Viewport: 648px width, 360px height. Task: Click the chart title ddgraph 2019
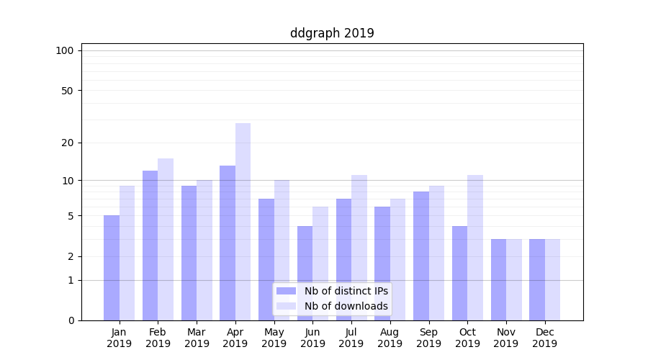tap(332, 33)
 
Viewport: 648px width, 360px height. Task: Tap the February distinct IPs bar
tap(150, 245)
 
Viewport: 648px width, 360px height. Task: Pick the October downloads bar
tap(474, 248)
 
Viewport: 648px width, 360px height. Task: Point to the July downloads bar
tap(359, 248)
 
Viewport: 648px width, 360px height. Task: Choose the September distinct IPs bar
tap(421, 256)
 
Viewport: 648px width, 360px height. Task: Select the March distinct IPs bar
tap(189, 253)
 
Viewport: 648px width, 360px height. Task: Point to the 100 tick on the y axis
tap(65, 50)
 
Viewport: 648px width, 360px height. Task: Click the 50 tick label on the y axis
tap(68, 91)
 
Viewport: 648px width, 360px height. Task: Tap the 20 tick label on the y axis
tap(68, 143)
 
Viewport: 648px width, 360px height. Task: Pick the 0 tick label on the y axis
tap(71, 320)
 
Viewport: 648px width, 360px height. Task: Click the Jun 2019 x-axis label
tap(312, 338)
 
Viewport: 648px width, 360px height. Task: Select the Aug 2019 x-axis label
tap(390, 338)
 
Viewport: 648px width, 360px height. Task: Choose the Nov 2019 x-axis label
tap(505, 338)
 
